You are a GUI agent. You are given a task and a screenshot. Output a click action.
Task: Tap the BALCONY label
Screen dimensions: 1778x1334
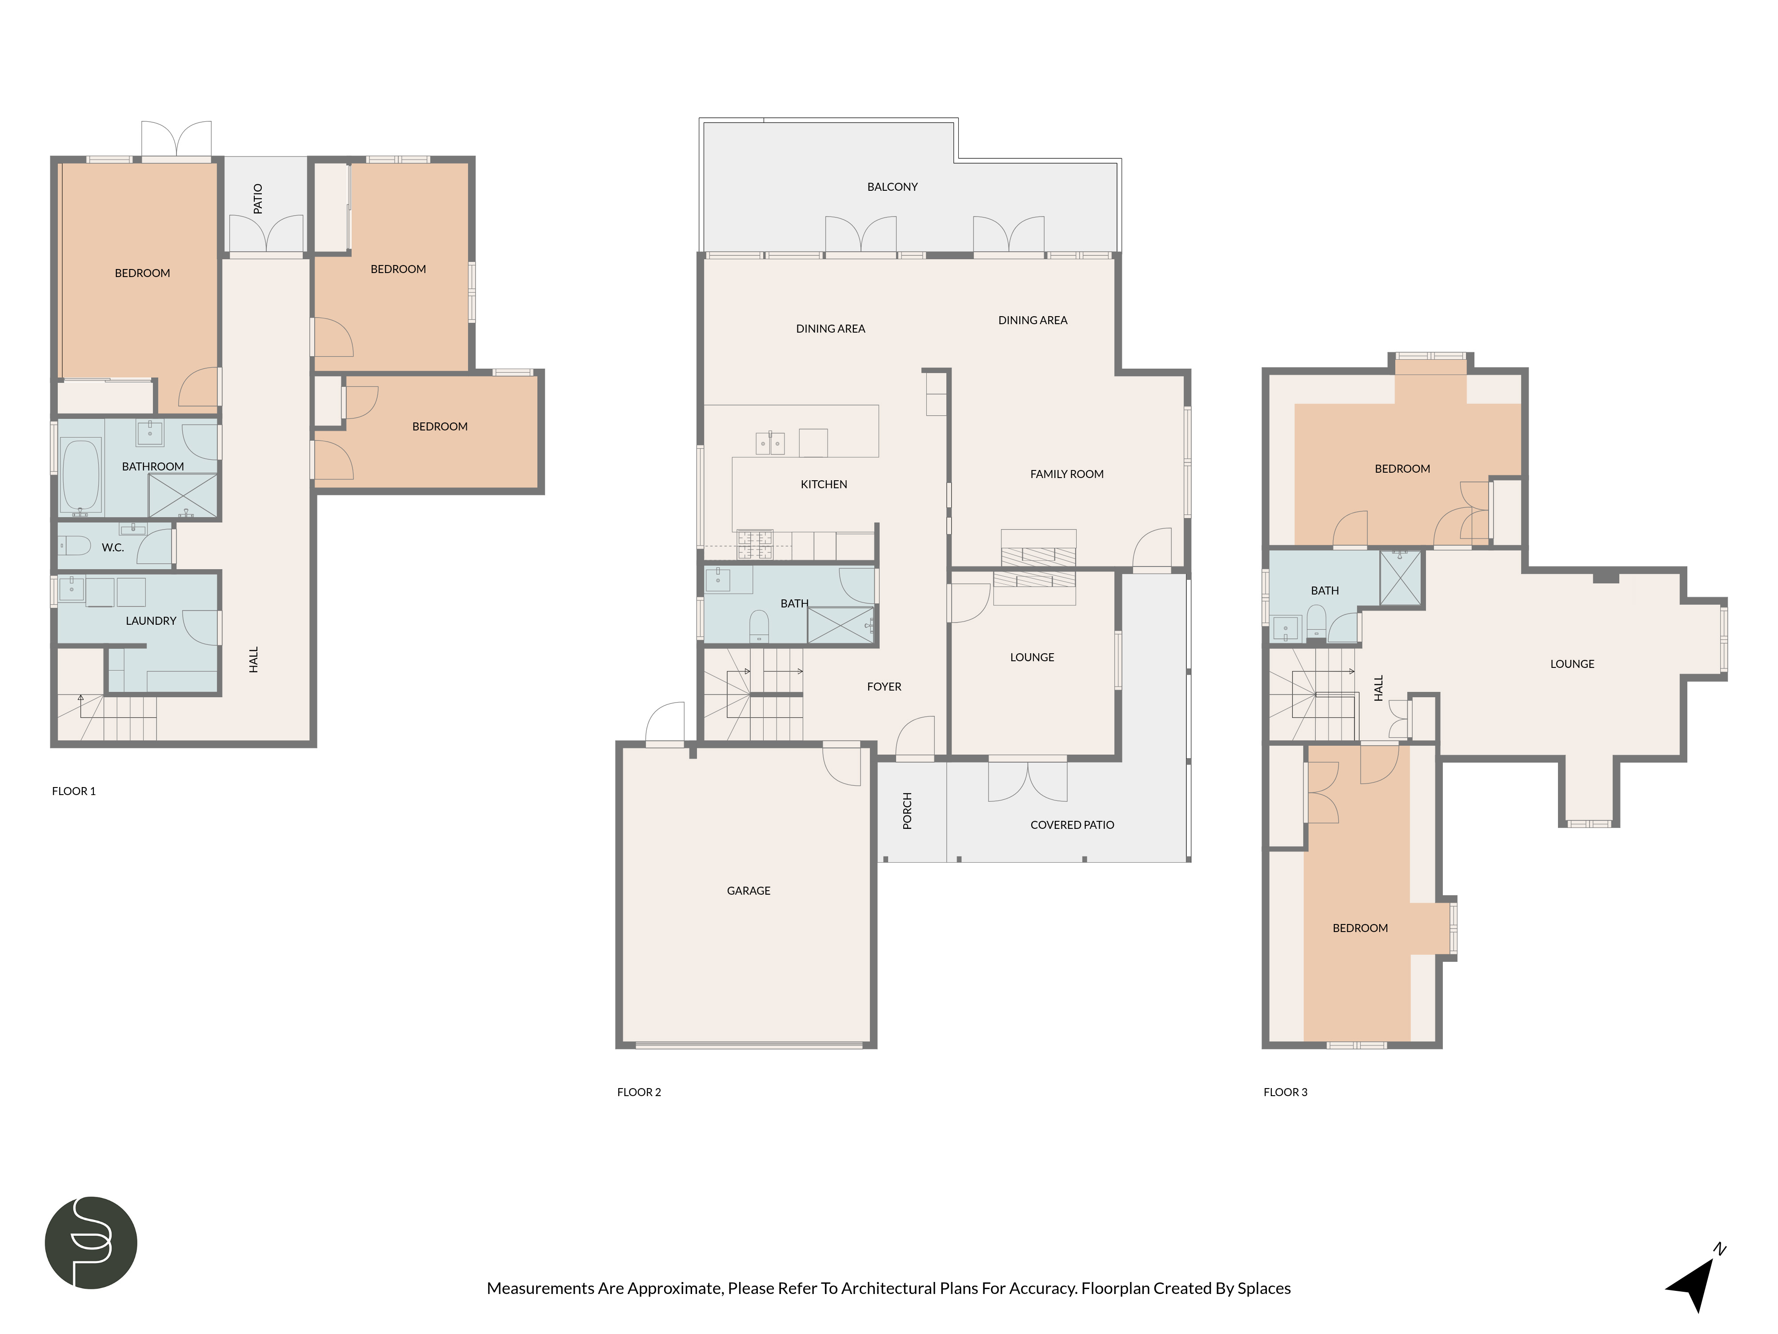(892, 187)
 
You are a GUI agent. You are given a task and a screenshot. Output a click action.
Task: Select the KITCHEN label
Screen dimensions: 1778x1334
(824, 484)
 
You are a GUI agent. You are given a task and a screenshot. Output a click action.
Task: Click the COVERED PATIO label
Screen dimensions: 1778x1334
(1072, 825)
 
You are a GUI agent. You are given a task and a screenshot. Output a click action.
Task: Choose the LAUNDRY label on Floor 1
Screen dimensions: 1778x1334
(151, 621)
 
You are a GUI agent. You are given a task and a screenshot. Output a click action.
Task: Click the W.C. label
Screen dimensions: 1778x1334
(112, 547)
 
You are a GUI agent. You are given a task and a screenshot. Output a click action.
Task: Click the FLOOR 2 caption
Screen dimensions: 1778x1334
(639, 1092)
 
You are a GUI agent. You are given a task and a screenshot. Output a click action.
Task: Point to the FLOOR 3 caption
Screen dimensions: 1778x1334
(1285, 1092)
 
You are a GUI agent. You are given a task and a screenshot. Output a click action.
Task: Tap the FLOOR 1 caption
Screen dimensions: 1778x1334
(74, 791)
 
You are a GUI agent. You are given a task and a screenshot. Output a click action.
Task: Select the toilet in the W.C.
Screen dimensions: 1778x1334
(74, 546)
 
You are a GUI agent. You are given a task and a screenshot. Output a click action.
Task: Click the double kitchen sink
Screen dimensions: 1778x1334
(770, 443)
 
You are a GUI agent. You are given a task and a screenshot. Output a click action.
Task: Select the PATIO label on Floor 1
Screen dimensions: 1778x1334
(258, 199)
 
